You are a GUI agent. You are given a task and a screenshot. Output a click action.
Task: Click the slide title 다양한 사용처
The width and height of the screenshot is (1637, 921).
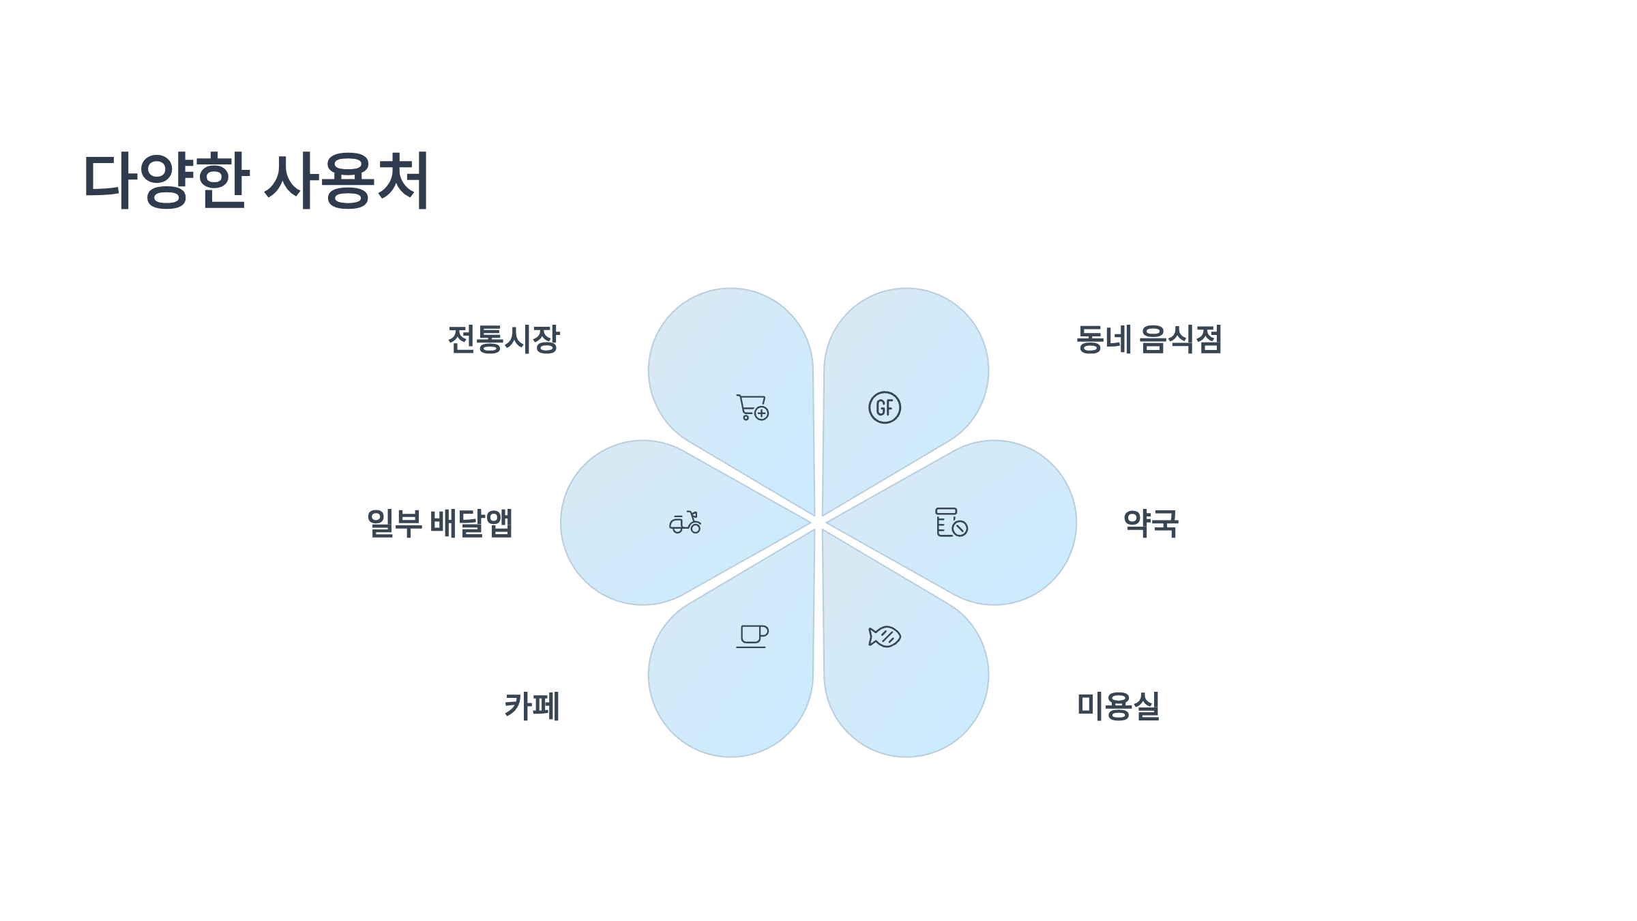point(256,181)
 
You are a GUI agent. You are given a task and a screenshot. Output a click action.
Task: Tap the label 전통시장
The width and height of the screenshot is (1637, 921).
point(503,339)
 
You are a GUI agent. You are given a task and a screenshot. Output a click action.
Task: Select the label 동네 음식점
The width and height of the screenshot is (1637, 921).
point(1149,339)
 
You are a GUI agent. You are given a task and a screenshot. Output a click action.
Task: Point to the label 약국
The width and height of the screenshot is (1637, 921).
point(1151,523)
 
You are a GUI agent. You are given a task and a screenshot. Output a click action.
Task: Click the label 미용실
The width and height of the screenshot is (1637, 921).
point(1118,706)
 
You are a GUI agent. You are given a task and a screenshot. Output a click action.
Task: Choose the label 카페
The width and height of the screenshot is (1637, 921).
point(532,706)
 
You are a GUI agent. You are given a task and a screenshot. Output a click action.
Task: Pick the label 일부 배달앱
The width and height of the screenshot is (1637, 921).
point(440,523)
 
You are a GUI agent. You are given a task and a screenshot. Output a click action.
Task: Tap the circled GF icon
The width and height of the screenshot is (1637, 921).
point(885,407)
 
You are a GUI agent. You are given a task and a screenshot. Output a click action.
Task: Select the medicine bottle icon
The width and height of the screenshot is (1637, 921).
point(951,523)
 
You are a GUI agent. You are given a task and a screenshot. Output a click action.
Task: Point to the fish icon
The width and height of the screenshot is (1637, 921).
point(885,637)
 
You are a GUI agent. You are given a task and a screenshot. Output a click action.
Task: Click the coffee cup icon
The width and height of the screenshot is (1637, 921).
point(752,636)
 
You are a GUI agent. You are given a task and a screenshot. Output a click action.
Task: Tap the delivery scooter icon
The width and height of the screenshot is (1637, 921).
point(685,523)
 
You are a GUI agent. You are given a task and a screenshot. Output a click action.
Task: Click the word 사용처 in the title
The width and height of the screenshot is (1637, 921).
point(346,181)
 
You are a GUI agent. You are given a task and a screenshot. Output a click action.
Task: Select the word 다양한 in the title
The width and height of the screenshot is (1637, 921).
point(166,181)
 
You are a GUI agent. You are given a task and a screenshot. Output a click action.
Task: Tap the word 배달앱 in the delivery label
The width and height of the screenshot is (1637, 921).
point(471,523)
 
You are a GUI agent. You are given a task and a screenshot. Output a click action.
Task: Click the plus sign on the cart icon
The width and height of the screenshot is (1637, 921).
point(762,413)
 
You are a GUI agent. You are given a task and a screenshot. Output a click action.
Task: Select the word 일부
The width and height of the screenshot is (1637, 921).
point(394,523)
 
